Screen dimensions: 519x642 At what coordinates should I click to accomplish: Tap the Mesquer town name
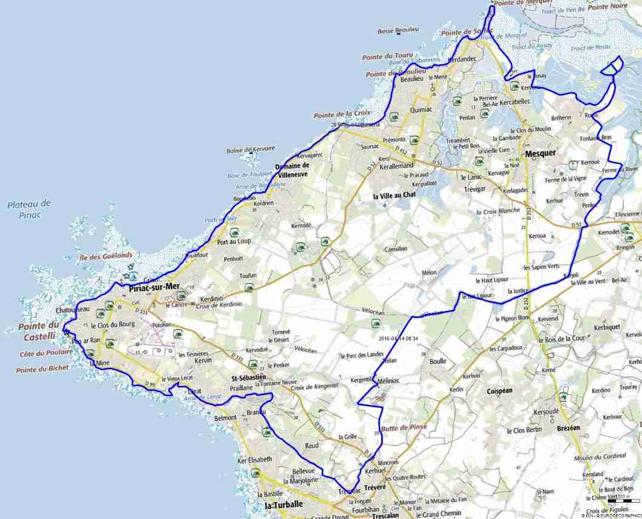(541, 154)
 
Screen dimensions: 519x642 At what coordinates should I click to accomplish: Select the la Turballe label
(283, 505)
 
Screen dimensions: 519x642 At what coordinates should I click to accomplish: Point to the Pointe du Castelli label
(37, 331)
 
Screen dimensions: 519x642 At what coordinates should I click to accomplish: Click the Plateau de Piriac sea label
(29, 209)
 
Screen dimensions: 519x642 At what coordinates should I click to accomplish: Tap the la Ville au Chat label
(394, 195)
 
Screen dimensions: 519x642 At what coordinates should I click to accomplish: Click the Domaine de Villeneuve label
(292, 170)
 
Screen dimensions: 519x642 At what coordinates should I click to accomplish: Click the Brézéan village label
(568, 428)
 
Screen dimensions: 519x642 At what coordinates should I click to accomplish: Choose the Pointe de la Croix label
(342, 115)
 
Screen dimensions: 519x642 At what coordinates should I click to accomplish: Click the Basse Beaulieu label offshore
(398, 30)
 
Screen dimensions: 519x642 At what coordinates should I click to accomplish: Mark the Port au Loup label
(234, 241)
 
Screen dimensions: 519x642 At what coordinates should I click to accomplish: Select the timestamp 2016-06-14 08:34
(397, 339)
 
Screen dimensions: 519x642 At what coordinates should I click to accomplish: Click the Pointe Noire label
(607, 6)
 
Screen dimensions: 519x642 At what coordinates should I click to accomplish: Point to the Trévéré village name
(376, 487)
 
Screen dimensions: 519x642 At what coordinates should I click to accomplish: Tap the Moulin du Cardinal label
(600, 456)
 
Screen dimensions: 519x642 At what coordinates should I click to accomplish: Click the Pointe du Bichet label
(42, 369)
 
